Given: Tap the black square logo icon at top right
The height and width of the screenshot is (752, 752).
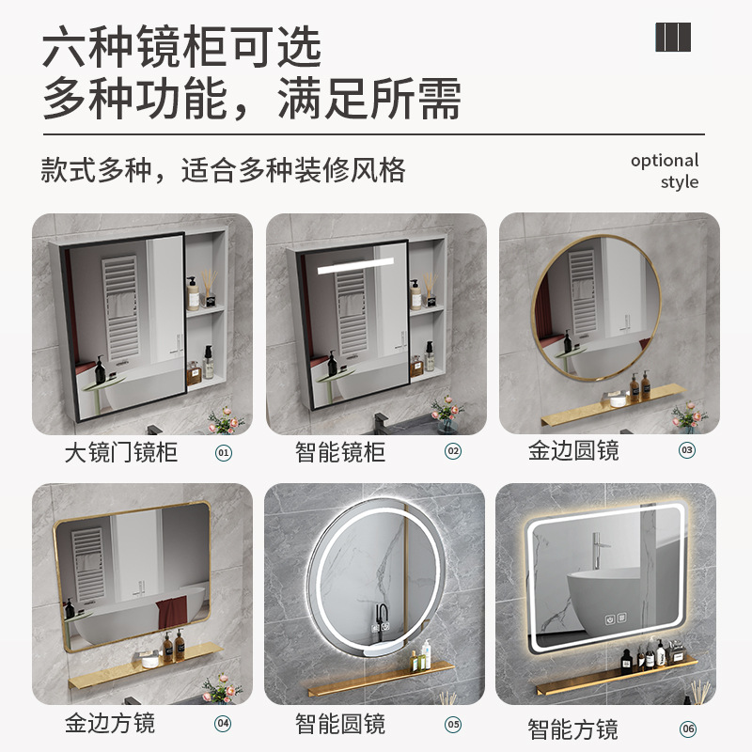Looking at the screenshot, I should click(x=673, y=37).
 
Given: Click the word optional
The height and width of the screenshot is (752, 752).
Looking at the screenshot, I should click(x=665, y=160).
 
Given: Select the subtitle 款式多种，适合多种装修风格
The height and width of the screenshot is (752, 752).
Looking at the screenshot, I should click(x=224, y=170).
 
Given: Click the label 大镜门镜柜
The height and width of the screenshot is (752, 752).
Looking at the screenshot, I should click(x=121, y=452).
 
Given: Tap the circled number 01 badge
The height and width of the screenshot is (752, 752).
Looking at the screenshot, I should click(x=224, y=452).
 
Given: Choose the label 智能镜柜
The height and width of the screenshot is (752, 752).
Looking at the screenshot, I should click(x=340, y=452).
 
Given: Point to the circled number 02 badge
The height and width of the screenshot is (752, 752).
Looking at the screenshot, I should click(x=453, y=451).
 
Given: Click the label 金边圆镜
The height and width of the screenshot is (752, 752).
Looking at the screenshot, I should click(x=574, y=451).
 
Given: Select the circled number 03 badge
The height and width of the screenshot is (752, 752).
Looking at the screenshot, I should click(x=687, y=450).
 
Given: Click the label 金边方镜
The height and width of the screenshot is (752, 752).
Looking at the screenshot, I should click(x=110, y=723).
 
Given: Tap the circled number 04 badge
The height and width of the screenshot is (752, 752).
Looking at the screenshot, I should click(x=223, y=723).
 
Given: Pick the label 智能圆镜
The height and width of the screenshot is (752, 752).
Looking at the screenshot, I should click(x=340, y=724).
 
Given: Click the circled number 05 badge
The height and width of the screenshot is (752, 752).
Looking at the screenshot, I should click(x=453, y=724).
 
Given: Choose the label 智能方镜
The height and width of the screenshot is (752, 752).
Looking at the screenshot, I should click(x=572, y=728).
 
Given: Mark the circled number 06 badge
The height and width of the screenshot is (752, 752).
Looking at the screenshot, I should click(x=688, y=728).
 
